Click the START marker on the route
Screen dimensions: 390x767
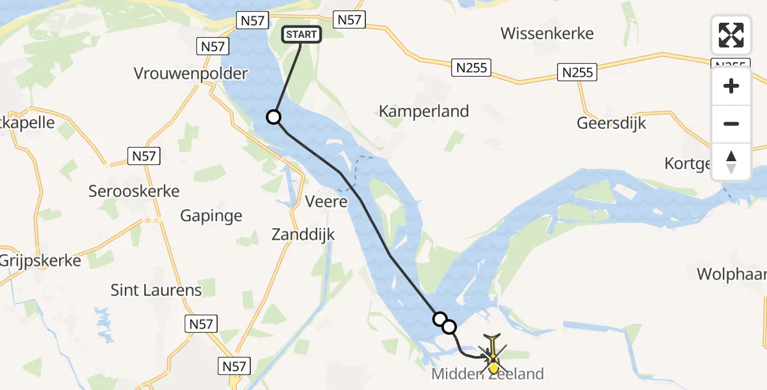pos(301,34)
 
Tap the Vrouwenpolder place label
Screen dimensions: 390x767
pos(191,73)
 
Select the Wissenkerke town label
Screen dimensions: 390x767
pos(547,33)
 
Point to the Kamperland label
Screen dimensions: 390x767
pos(424,111)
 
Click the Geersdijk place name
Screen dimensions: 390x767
pos(612,123)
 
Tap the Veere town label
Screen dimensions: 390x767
pos(326,201)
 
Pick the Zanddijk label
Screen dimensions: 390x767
pos(304,234)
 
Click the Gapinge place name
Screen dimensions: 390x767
pos(211,216)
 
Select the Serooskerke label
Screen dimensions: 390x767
pos(134,191)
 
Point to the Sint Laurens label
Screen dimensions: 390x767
pos(156,290)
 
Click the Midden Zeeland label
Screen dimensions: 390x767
pos(487,374)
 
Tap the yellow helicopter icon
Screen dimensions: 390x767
pos(493,355)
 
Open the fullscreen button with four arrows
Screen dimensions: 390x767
pos(731,35)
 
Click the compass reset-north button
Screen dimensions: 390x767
pos(731,162)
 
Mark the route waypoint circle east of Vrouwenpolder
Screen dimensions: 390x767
pos(274,117)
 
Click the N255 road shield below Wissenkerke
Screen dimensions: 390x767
pos(472,67)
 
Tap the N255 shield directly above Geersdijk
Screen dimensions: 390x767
pos(577,72)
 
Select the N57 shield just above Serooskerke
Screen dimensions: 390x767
pos(144,156)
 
